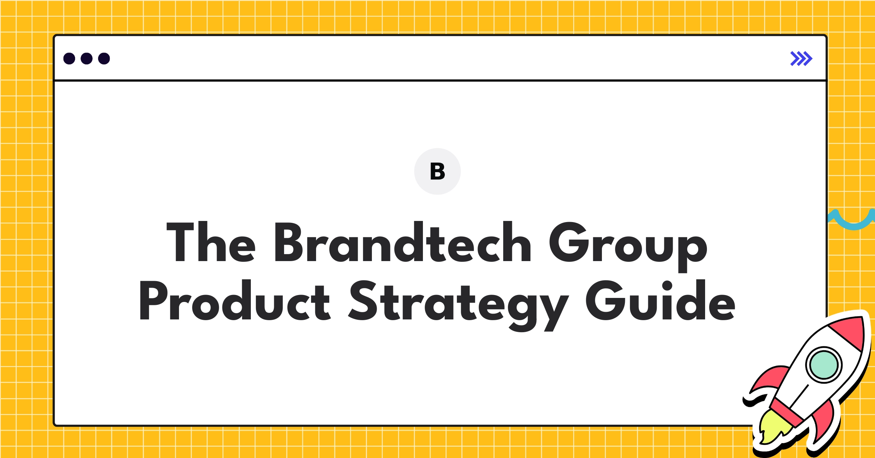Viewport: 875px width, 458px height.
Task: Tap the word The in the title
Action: click(211, 242)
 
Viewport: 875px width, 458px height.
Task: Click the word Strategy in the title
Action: click(458, 303)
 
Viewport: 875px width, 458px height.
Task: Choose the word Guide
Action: click(660, 301)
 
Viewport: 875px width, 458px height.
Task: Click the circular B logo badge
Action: click(437, 171)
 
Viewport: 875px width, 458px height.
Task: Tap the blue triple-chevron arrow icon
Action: click(801, 59)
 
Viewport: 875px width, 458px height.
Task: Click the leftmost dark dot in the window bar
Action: click(69, 59)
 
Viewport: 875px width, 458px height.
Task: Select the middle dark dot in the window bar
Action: click(86, 59)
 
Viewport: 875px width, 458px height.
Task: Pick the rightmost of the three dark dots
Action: click(104, 59)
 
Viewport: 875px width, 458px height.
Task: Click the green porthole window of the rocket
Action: click(824, 365)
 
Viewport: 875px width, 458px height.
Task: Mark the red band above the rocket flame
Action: click(787, 412)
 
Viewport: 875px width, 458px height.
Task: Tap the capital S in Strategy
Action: click(362, 301)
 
